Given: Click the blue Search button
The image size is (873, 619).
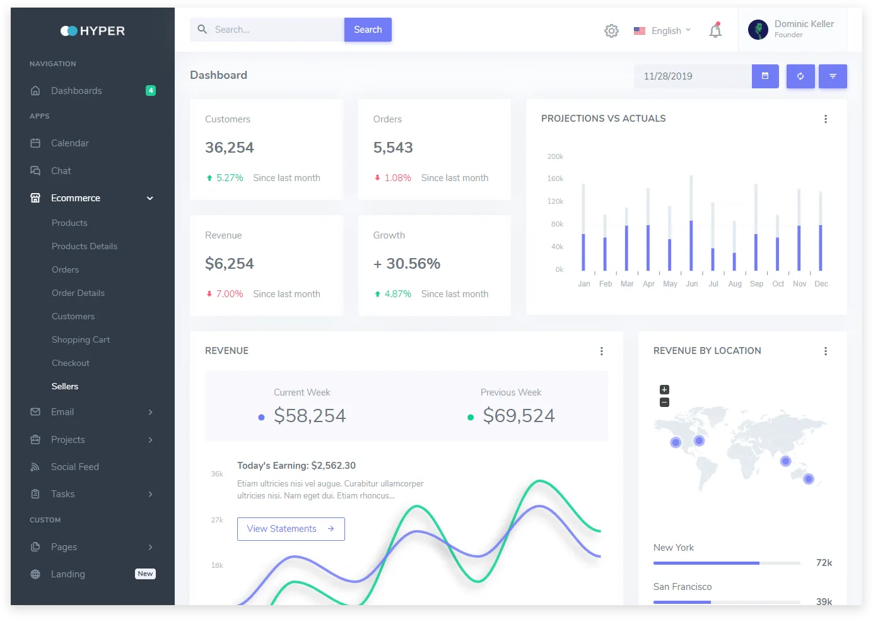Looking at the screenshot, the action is (368, 30).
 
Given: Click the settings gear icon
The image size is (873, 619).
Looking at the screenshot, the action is (611, 31).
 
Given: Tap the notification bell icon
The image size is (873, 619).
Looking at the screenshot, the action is (715, 30).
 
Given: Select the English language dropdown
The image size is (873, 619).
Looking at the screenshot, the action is (662, 31).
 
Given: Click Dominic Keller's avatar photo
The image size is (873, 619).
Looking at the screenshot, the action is (758, 30).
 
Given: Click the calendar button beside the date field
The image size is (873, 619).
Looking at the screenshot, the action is (765, 76).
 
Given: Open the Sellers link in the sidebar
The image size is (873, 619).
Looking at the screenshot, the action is (65, 386).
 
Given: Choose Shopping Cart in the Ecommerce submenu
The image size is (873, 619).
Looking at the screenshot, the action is (81, 339).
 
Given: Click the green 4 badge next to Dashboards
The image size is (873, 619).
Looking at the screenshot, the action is (150, 90).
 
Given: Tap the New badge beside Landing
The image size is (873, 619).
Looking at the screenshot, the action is (145, 574).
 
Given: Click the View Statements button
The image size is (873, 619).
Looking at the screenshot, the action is (291, 529).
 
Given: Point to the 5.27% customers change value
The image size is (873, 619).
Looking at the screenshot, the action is (230, 178).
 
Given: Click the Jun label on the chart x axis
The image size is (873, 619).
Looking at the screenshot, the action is (692, 284).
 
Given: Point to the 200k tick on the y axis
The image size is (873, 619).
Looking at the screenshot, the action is (555, 156).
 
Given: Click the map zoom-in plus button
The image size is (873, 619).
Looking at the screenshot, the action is (664, 389).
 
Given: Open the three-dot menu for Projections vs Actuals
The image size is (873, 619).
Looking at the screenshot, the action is (826, 119).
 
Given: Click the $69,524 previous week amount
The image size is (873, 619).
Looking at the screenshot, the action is (519, 416).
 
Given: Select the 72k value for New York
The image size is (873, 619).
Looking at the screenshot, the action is (824, 563).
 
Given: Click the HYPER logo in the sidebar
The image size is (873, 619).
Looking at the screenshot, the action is (93, 31).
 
